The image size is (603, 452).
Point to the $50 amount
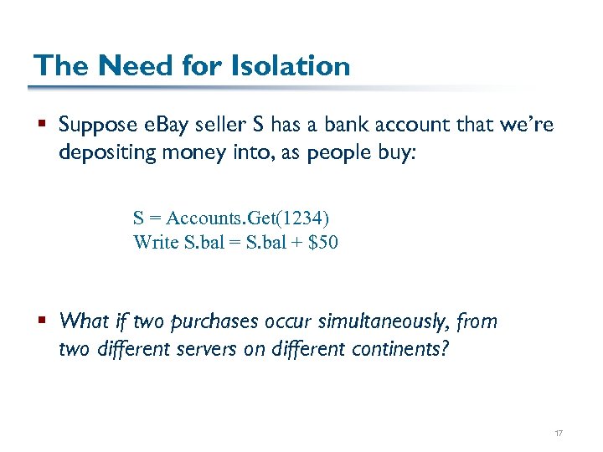coord(322,243)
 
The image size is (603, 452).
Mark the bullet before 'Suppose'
coord(42,126)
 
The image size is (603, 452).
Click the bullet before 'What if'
coord(42,321)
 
